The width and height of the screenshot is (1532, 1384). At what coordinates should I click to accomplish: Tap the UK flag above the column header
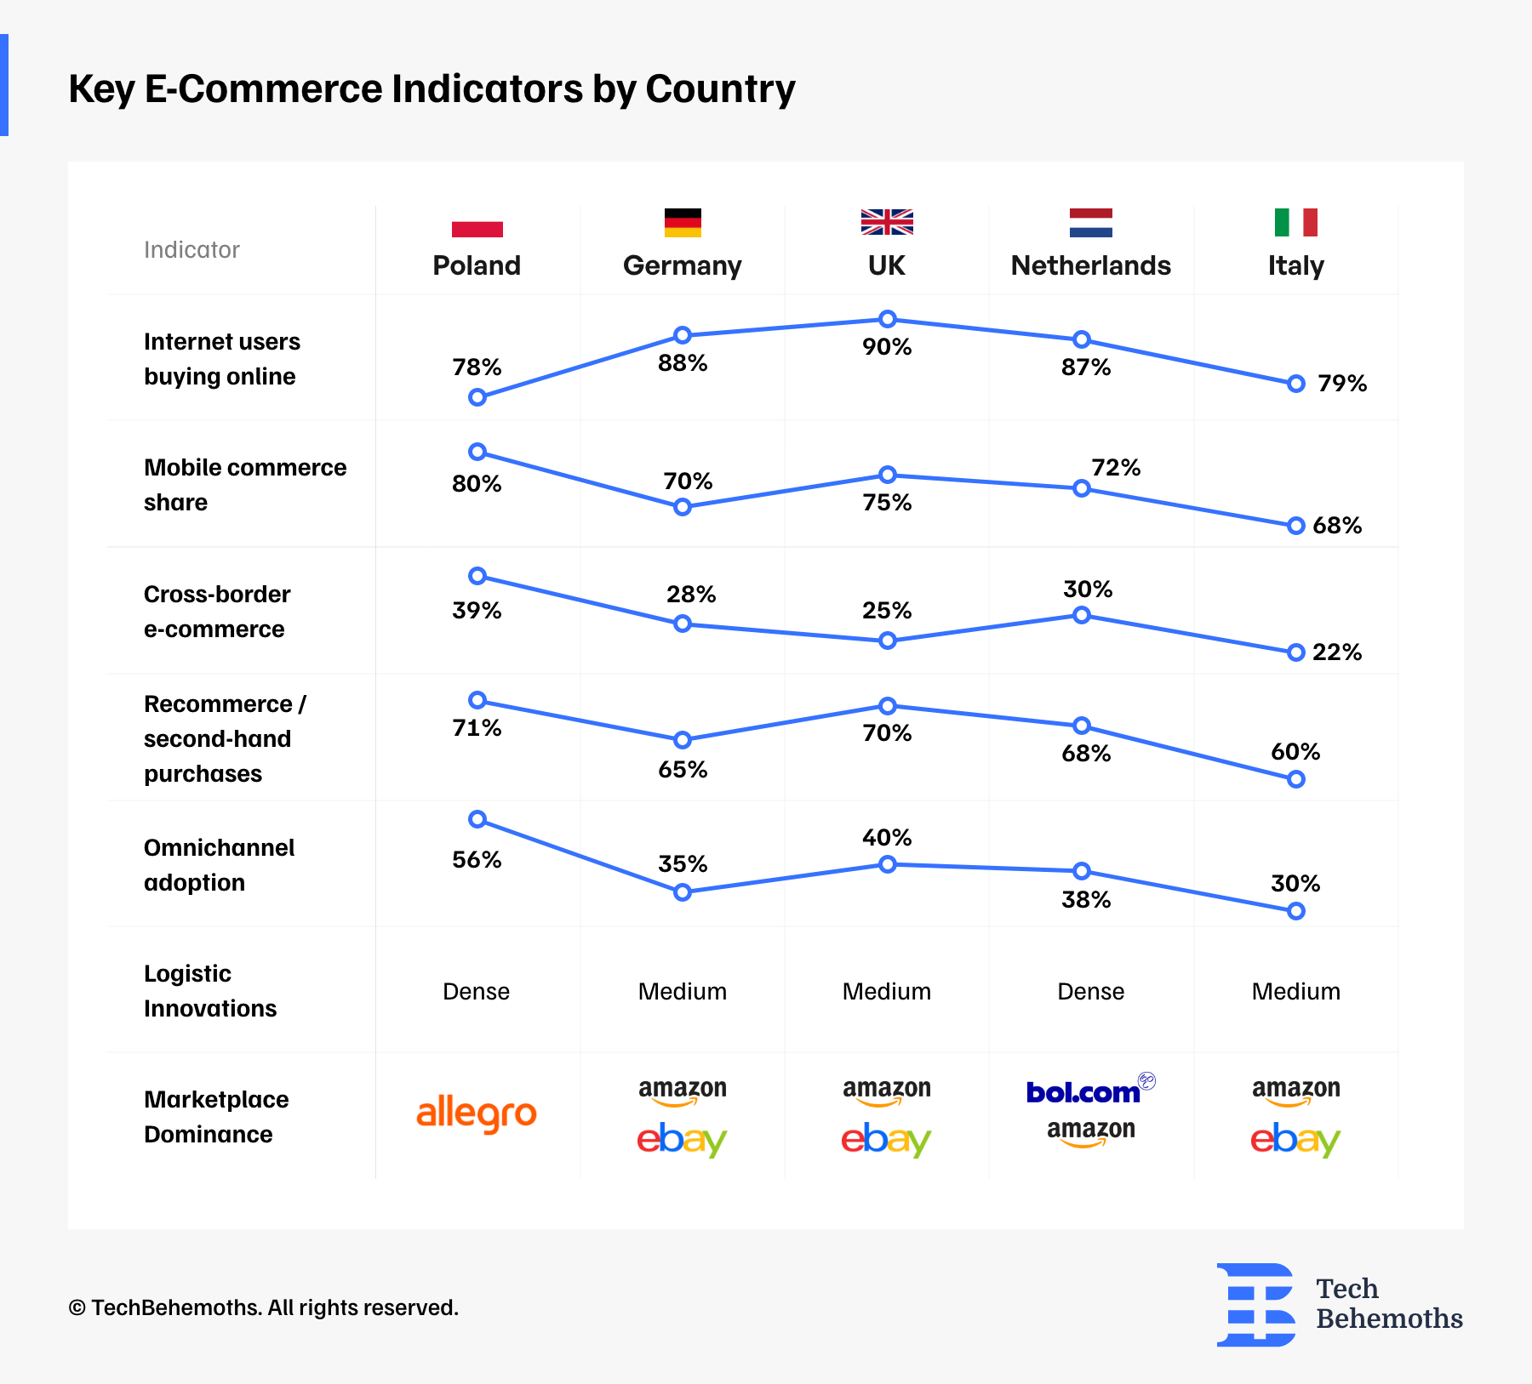pos(887,221)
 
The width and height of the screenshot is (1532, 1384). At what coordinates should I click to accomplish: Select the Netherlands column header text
pos(1090,265)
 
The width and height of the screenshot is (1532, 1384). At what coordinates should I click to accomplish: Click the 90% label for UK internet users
pos(887,347)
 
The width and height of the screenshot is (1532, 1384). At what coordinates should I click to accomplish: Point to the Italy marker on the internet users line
pos(1295,384)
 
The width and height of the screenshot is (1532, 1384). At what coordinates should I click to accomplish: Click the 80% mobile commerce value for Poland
pos(477,484)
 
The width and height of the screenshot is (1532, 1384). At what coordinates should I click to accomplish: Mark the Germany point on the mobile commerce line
pos(682,507)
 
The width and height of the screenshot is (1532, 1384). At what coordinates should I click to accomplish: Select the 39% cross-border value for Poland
pos(477,611)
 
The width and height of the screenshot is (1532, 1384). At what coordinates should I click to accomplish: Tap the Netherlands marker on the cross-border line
pos(1081,615)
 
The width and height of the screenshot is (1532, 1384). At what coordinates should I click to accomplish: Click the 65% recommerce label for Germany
pos(683,770)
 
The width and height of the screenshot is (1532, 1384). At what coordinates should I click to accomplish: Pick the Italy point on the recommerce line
pos(1295,779)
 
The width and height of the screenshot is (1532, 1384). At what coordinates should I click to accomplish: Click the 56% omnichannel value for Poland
pos(477,860)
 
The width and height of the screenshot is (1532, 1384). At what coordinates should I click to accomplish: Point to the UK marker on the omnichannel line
pos(887,864)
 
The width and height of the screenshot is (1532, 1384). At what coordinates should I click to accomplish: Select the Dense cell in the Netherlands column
pos(1090,992)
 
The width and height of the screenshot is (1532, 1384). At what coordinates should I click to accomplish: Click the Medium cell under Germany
pos(683,992)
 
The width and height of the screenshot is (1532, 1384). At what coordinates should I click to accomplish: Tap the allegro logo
pos(477,1114)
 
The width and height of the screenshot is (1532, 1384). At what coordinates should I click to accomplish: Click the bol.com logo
pos(1084,1092)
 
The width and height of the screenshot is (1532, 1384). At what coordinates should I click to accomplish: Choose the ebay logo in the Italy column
pos(1295,1140)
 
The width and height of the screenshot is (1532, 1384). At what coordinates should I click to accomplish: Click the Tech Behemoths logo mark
pos(1256,1305)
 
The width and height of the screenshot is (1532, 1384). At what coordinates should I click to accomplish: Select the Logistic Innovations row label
pos(210,991)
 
